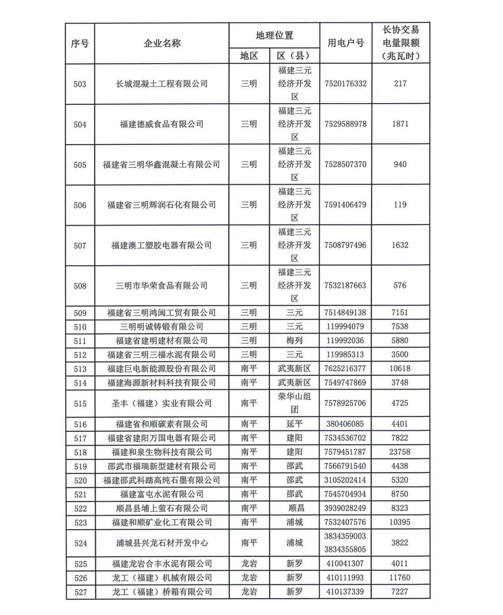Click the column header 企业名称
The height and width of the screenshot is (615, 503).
click(162, 43)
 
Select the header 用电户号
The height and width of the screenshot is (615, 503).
click(346, 43)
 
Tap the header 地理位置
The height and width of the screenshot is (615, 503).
click(274, 35)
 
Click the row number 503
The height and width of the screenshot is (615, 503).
click(80, 84)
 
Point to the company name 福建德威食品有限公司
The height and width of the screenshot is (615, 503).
click(162, 124)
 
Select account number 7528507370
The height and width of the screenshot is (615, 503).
click(346, 164)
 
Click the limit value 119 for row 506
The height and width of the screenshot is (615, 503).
click(400, 205)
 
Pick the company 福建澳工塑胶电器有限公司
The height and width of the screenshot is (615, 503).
click(162, 245)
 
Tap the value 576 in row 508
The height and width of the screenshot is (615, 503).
click(400, 285)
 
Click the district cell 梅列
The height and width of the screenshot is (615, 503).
click(294, 341)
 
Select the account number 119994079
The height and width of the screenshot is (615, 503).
click(345, 327)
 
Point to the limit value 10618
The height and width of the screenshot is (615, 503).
click(400, 369)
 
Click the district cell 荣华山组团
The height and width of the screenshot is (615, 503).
click(294, 403)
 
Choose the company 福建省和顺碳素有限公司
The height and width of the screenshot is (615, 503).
click(162, 424)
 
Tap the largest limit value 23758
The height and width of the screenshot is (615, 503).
click(400, 452)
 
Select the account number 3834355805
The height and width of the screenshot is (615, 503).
click(345, 549)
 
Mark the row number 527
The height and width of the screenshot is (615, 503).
click(81, 592)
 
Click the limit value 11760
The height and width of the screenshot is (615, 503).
click(400, 578)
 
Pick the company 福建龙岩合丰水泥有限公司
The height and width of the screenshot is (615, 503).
click(162, 564)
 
